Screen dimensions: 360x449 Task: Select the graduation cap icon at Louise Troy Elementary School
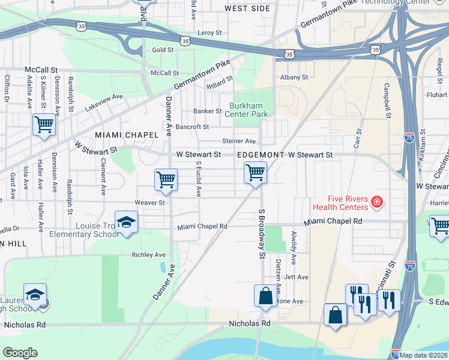click(126, 221)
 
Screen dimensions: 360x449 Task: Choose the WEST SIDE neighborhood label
click(247, 8)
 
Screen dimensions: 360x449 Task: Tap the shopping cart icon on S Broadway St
click(255, 173)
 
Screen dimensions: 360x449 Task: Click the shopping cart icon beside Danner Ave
click(166, 179)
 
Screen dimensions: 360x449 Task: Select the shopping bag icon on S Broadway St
click(265, 296)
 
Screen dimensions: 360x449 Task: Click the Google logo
click(20, 353)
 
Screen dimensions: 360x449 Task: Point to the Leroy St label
click(210, 32)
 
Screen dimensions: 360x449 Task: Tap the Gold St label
click(163, 50)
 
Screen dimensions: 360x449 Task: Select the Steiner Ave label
click(239, 141)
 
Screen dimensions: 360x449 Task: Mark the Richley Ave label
click(148, 255)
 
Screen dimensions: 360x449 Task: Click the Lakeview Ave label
click(104, 96)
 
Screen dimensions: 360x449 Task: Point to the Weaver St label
click(149, 203)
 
